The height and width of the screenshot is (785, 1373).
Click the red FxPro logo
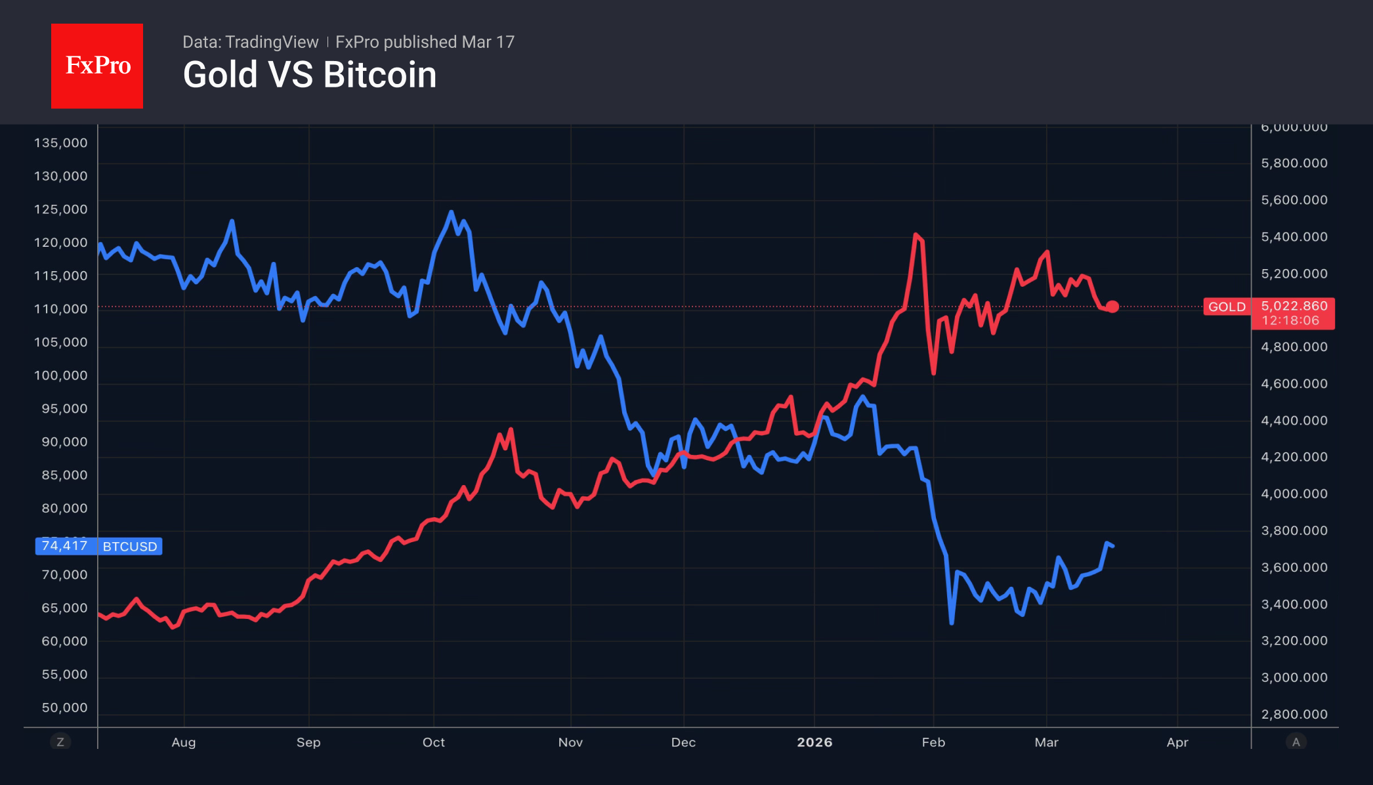tap(97, 66)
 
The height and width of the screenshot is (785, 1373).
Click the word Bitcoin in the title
tap(380, 75)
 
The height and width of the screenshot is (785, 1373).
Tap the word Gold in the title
tap(221, 75)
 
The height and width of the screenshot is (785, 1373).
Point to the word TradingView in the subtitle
tap(271, 42)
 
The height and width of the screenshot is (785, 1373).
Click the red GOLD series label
tap(1227, 307)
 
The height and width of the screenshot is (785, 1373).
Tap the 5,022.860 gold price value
tap(1294, 306)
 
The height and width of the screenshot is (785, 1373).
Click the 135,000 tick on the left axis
tap(60, 143)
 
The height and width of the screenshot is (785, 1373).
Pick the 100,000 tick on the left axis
tap(60, 375)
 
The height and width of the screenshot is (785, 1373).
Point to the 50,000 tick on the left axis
tap(64, 708)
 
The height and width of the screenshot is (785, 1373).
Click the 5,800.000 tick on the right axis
tap(1294, 163)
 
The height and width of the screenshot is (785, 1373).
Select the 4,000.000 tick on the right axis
tap(1294, 494)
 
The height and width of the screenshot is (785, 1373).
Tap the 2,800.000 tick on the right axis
tap(1294, 714)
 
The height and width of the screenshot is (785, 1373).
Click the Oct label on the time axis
tap(434, 742)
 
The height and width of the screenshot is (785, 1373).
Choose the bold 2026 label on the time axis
tap(814, 742)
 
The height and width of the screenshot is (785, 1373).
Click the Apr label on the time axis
tap(1177, 742)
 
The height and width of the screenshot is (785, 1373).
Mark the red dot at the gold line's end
tap(1112, 307)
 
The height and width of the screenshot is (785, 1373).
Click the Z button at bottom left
tap(60, 742)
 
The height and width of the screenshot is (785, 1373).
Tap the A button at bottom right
tap(1296, 742)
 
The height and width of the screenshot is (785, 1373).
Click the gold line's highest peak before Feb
tap(916, 235)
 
